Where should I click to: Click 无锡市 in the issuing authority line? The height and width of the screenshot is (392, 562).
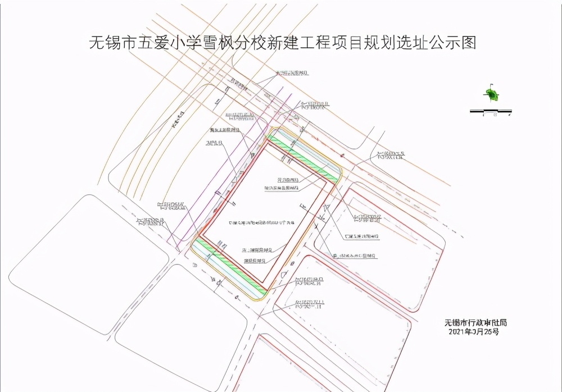pyautogui.click(x=455, y=323)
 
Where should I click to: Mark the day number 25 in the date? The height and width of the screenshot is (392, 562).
pyautogui.click(x=488, y=332)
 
